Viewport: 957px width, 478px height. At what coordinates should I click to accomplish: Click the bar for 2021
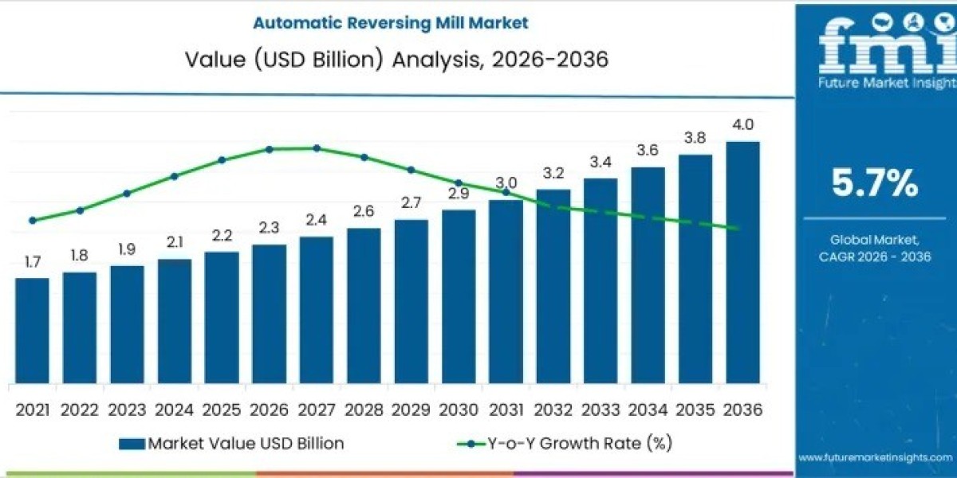[x=32, y=330]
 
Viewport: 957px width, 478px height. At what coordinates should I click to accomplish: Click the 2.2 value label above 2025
[x=222, y=237]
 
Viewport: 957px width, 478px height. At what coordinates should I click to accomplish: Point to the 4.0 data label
[x=742, y=125]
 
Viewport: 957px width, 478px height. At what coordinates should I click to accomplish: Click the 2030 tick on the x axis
[x=459, y=409]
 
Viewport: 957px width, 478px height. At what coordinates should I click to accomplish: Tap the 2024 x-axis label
[x=174, y=409]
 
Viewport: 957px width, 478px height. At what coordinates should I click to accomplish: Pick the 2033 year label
[x=601, y=409]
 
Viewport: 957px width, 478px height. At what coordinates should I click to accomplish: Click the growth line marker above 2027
[x=317, y=148]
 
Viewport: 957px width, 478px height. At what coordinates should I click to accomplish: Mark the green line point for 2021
[x=32, y=221]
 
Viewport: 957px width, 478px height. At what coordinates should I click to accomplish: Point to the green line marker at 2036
[x=738, y=229]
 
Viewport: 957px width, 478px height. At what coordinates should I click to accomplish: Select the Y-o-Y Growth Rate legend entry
[x=566, y=444]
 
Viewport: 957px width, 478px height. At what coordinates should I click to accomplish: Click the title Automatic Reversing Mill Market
[x=391, y=23]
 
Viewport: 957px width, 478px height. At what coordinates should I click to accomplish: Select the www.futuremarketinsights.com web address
[x=875, y=457]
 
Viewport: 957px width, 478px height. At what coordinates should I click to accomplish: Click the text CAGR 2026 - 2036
[x=875, y=256]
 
